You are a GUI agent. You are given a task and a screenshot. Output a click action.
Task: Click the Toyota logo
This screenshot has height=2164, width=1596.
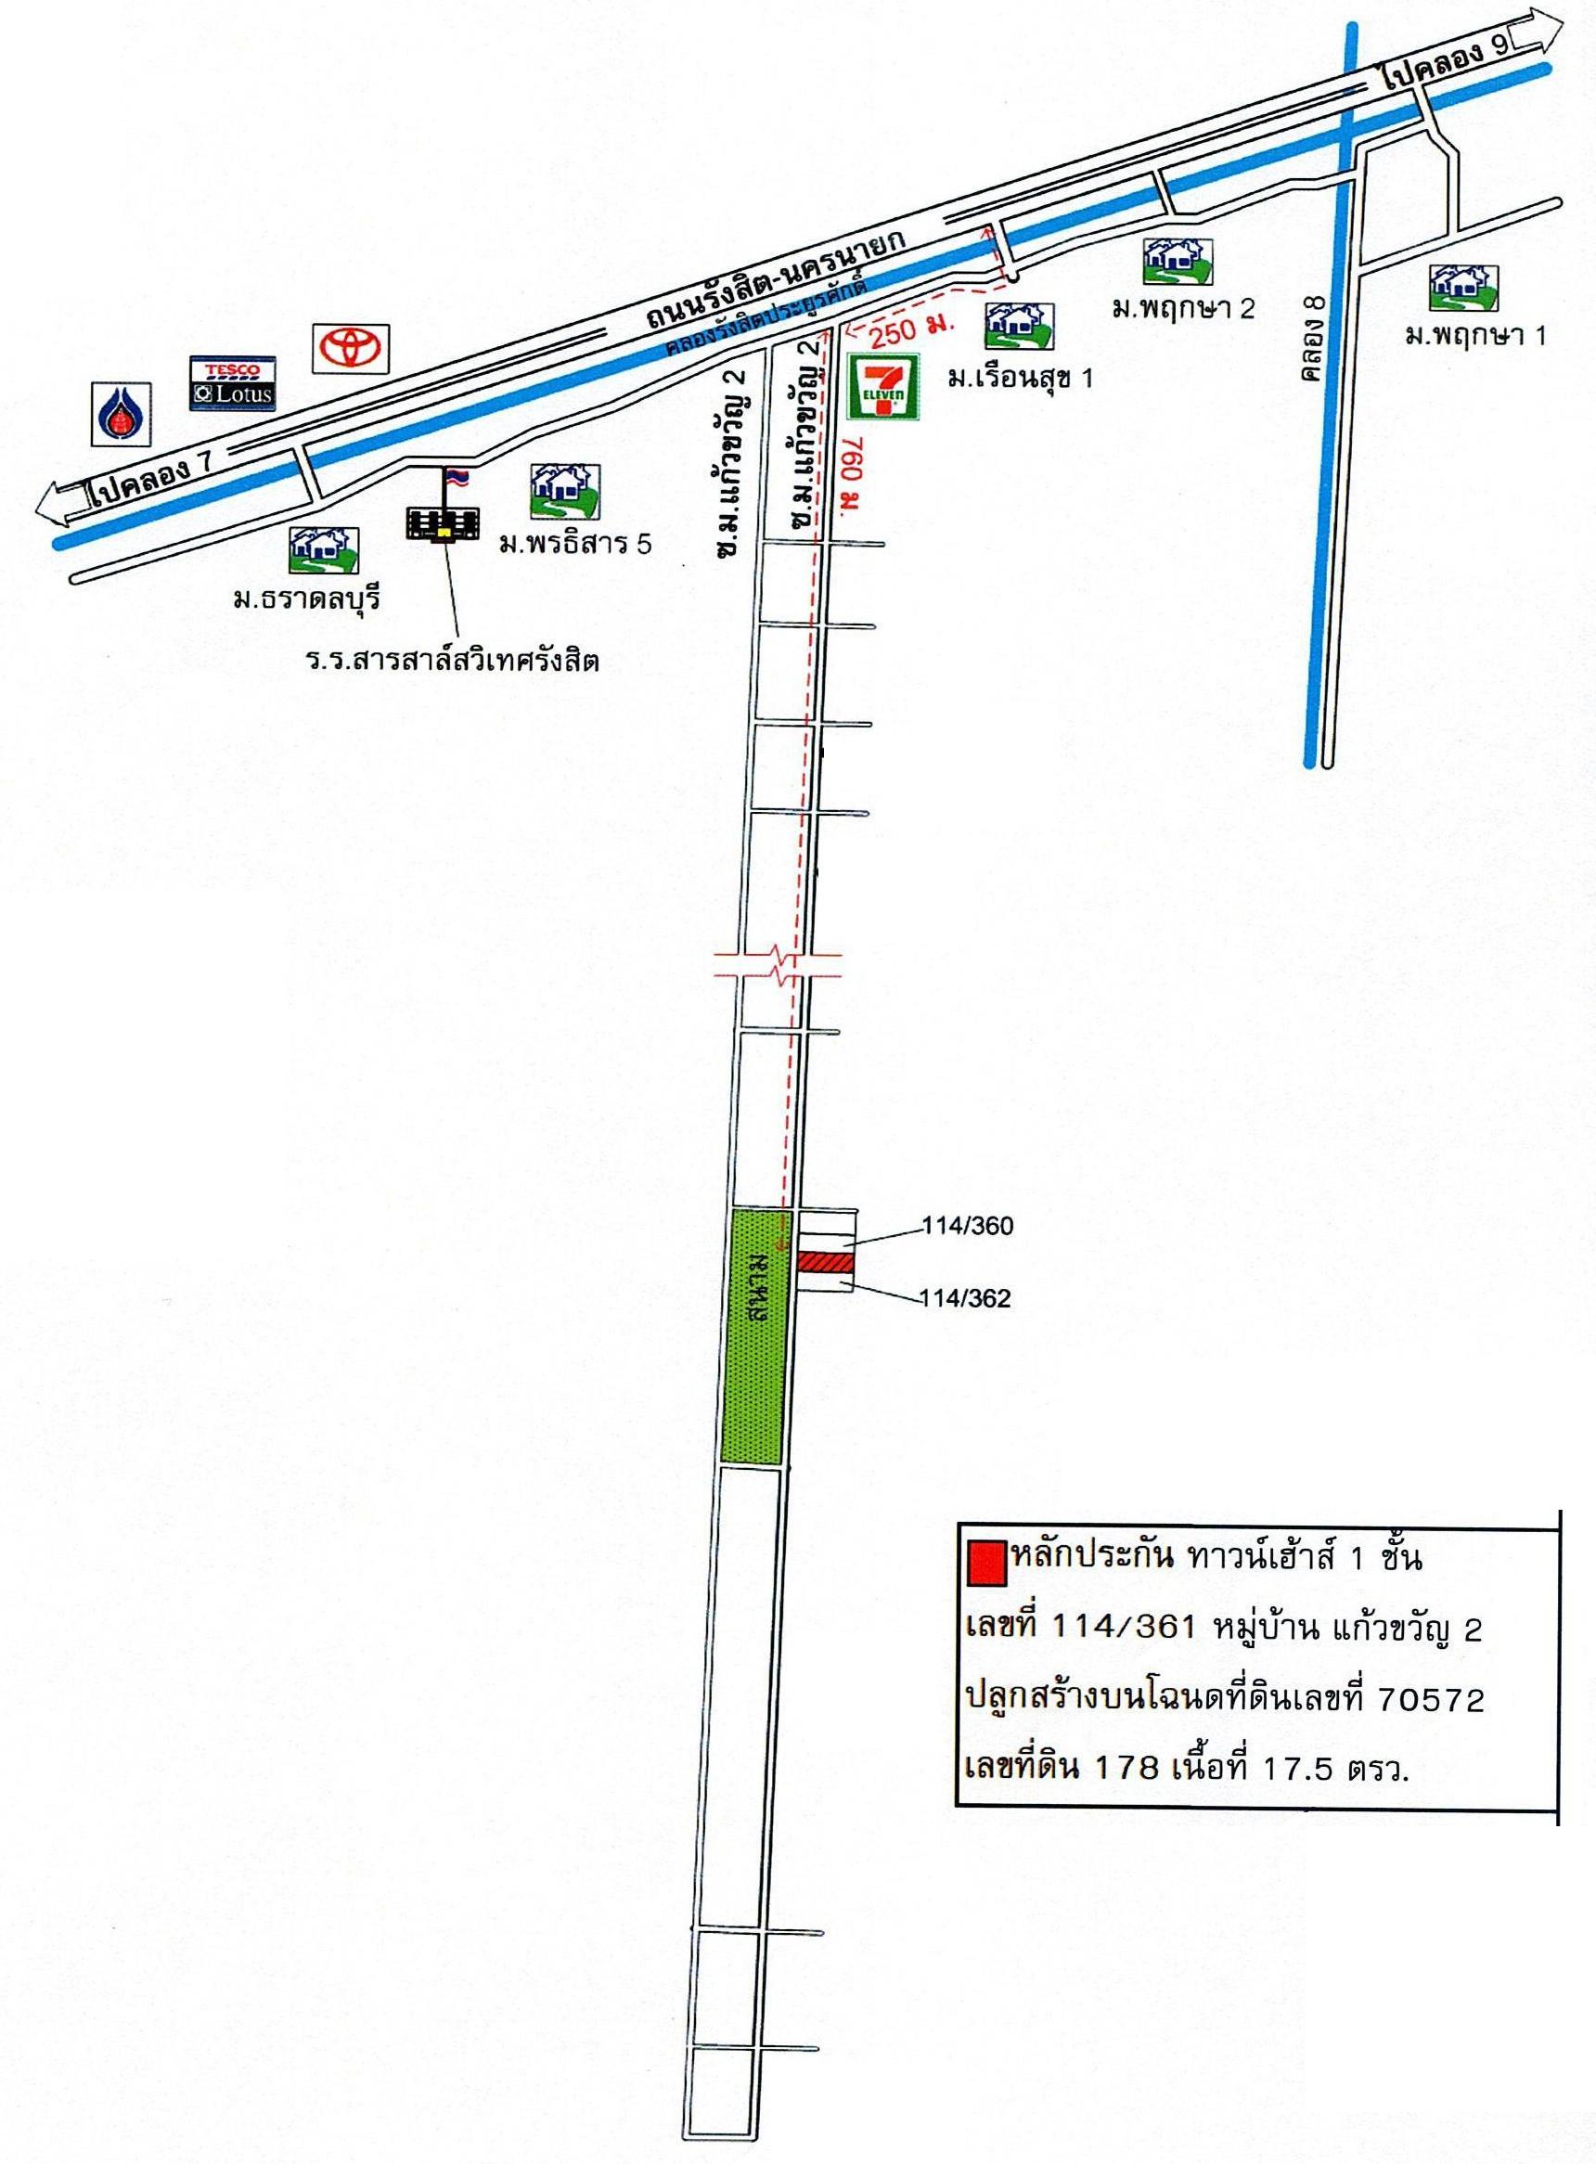pyautogui.click(x=350, y=348)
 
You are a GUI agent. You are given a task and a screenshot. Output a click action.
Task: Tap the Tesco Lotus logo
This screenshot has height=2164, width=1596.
pyautogui.click(x=233, y=383)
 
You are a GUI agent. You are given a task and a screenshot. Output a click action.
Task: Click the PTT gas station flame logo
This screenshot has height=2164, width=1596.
pyautogui.click(x=120, y=415)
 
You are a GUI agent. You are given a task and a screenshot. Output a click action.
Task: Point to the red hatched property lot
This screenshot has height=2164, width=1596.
pyautogui.click(x=824, y=1263)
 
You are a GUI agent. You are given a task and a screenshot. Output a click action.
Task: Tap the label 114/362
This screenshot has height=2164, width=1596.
pyautogui.click(x=964, y=1299)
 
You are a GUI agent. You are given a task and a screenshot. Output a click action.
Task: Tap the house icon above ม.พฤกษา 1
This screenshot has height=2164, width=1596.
pyautogui.click(x=1462, y=286)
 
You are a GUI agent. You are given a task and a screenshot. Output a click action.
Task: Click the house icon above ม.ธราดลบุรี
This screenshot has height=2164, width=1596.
pyautogui.click(x=324, y=554)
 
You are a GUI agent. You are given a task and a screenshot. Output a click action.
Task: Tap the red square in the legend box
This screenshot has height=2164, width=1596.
pyautogui.click(x=985, y=1562)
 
